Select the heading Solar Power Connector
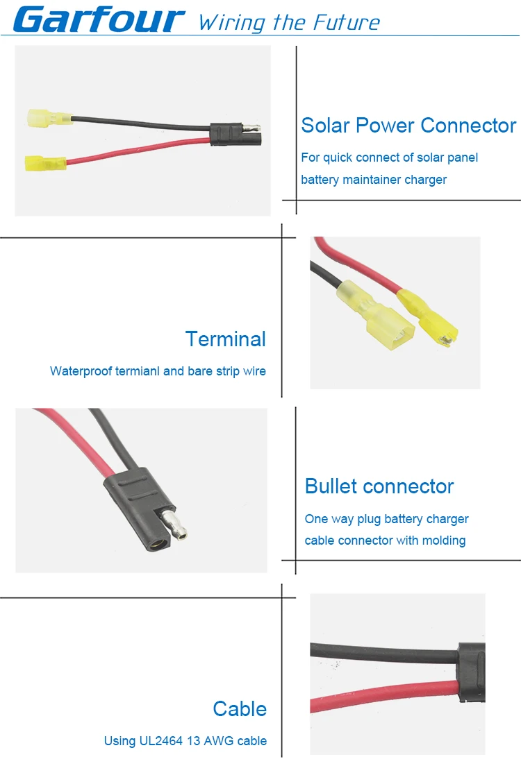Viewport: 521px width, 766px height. pos(408,126)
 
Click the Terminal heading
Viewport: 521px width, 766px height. pos(226,339)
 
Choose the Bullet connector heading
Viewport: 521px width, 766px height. pos(379,486)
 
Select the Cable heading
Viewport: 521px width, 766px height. pos(240,709)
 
